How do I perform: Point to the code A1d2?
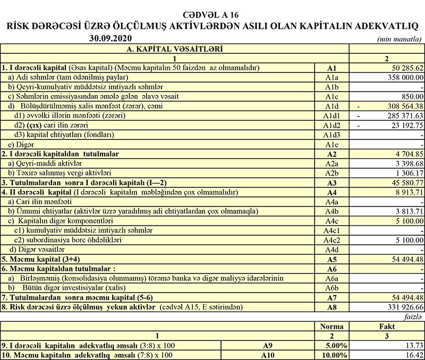point(333,125)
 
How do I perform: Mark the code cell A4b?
point(333,211)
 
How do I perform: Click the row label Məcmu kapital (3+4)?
point(39,259)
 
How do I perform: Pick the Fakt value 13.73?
point(413,345)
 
